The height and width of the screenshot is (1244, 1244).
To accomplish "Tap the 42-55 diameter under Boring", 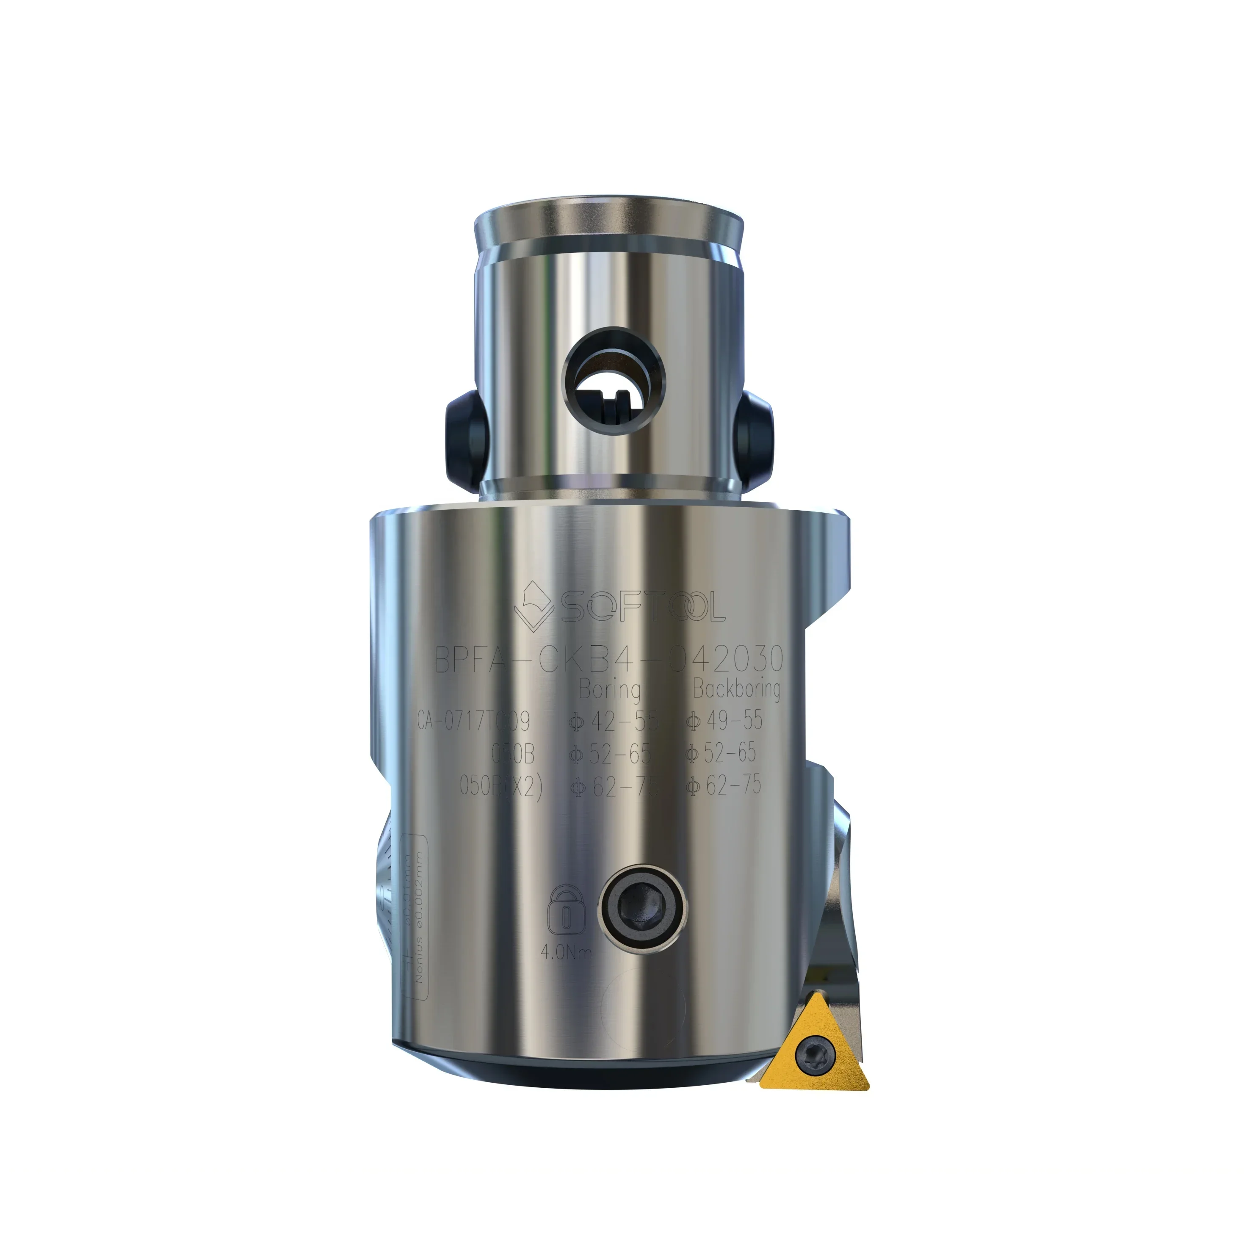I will pos(613,721).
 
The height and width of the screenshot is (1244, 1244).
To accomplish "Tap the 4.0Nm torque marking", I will pos(566,952).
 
